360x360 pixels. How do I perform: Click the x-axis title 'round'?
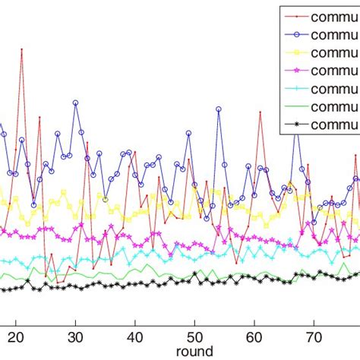point(194,352)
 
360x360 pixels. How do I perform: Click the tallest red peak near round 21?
point(21,50)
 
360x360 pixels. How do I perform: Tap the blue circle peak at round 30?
point(75,101)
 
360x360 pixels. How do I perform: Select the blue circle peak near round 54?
point(218,109)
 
